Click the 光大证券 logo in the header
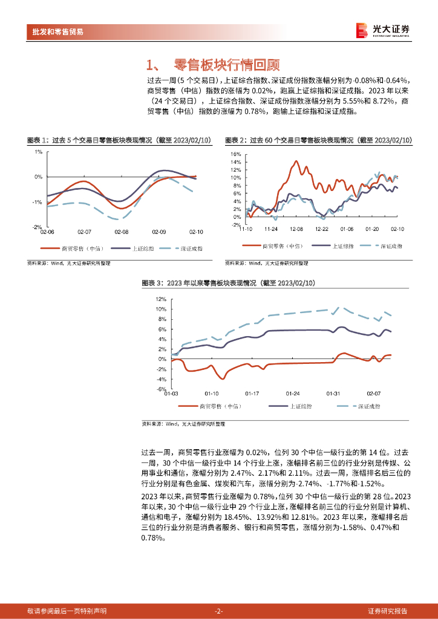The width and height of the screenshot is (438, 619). pos(382,30)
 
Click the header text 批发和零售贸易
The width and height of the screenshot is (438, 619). pos(58,31)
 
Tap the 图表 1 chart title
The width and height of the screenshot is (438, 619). pos(119,140)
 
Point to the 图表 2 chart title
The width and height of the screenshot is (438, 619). pos(318,140)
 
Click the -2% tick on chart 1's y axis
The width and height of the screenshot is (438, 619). pos(37,227)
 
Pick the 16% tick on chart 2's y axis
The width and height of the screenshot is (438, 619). pos(237,154)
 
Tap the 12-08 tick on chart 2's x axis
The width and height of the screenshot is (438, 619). pos(296,229)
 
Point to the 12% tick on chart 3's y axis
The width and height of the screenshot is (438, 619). pos(160,299)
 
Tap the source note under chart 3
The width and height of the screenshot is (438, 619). pos(183,424)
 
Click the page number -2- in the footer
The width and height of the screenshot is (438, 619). pos(219,611)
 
